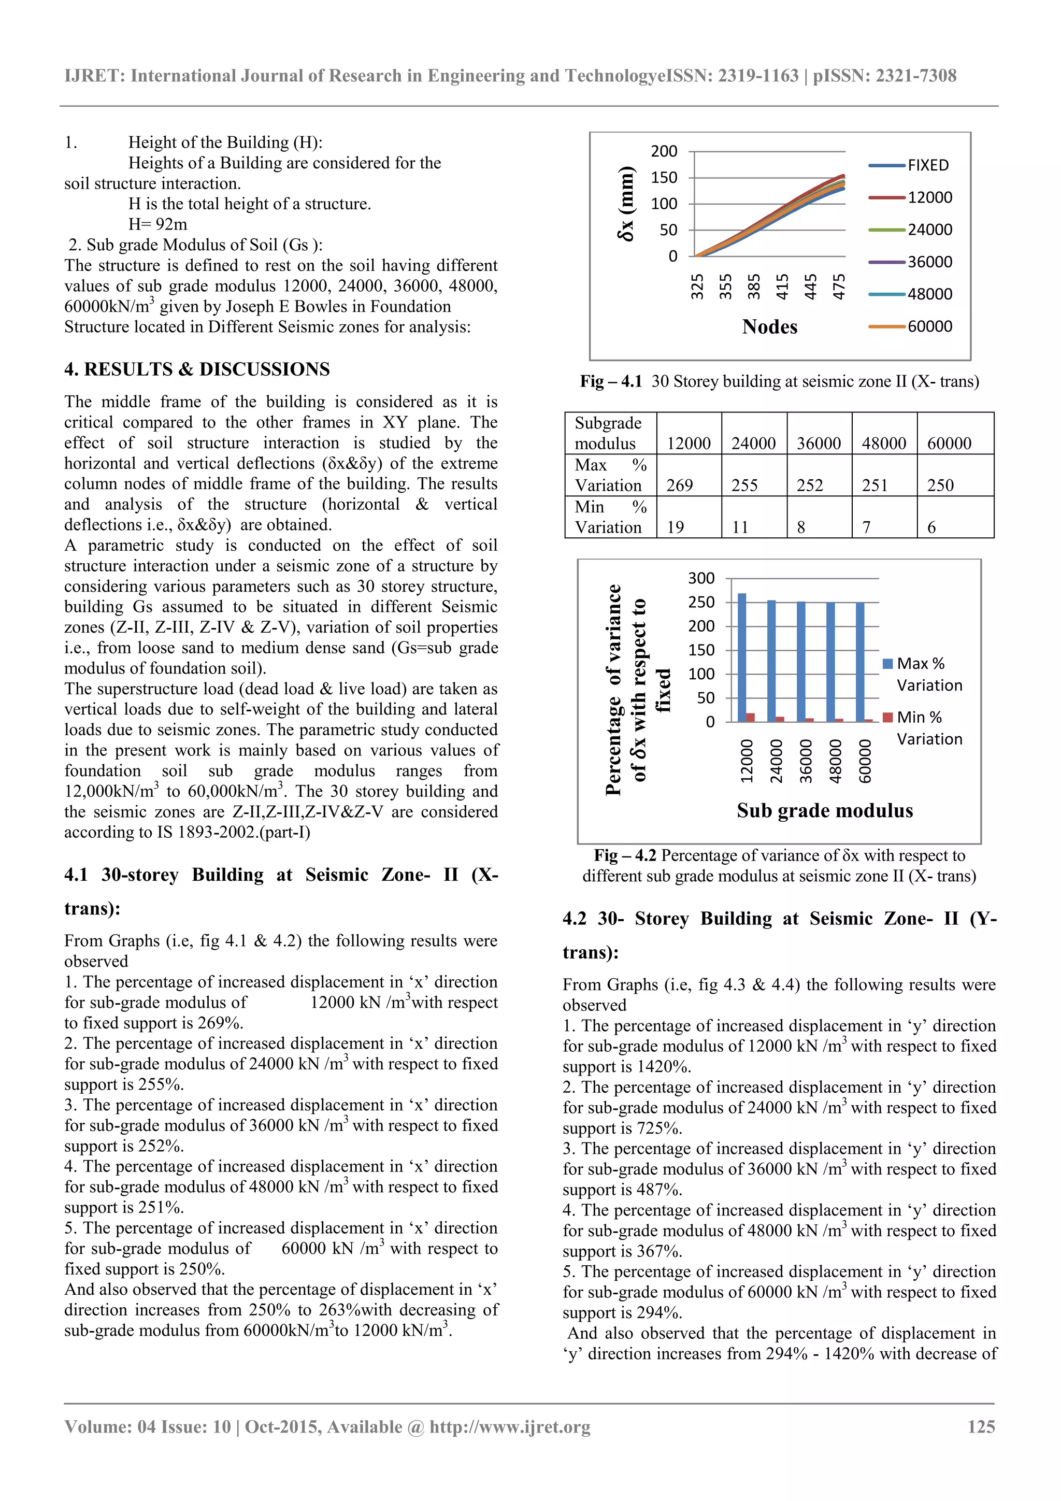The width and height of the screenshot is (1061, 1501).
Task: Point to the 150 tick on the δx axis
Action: (664, 177)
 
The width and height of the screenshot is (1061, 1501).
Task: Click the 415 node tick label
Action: (782, 287)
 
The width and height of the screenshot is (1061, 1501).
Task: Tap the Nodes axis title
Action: (769, 327)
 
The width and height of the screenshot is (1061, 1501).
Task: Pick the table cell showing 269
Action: (679, 485)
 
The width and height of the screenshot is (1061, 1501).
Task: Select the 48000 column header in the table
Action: (883, 443)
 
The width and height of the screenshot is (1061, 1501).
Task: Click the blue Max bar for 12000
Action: (741, 657)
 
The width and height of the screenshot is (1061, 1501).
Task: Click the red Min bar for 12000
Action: (751, 717)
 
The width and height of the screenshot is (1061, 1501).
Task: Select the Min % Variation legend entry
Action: (928, 727)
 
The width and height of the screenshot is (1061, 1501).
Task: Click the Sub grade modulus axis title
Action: (824, 811)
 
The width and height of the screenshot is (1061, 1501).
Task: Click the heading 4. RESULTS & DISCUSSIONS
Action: (197, 369)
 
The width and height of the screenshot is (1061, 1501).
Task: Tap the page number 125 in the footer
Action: (981, 1426)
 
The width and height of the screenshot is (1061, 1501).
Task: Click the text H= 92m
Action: (157, 224)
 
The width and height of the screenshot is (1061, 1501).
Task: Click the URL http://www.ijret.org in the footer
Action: (509, 1426)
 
